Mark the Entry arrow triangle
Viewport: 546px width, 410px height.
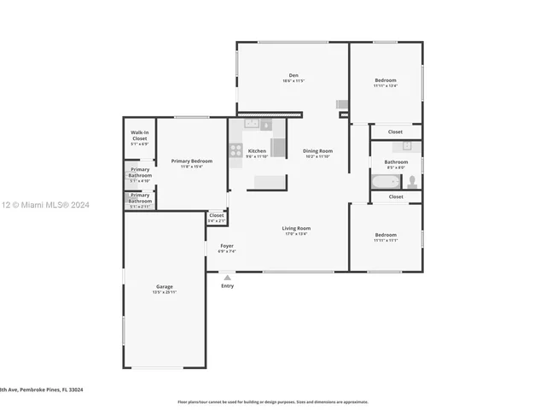point(227,277)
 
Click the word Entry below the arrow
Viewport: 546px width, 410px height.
point(227,286)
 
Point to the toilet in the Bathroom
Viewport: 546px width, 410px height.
point(411,181)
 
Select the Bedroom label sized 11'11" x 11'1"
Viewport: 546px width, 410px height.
point(385,237)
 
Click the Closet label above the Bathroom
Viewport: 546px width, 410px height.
point(395,132)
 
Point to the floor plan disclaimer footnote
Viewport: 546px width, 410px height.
point(272,401)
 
